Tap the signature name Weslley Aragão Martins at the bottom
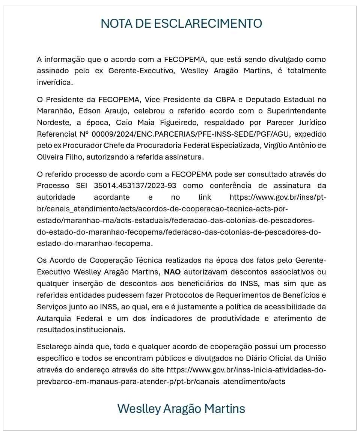(181, 408)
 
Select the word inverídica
(55, 82)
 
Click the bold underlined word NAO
(172, 272)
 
